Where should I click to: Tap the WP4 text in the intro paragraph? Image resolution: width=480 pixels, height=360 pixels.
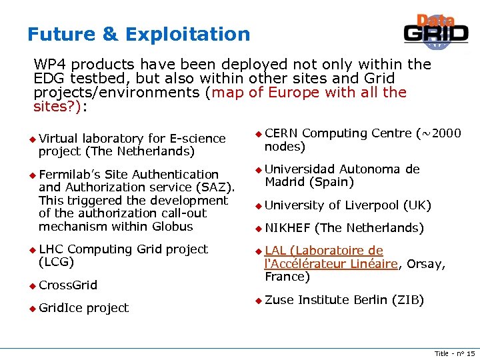[x=50, y=65]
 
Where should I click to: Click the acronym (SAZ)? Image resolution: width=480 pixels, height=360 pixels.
[x=219, y=187]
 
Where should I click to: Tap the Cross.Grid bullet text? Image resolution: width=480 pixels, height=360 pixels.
[x=68, y=285]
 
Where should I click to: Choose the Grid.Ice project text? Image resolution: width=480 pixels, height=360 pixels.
[x=83, y=308]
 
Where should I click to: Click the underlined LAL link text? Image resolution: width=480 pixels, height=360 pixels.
[x=275, y=251]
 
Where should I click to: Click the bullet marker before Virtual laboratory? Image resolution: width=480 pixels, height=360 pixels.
[x=31, y=139]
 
